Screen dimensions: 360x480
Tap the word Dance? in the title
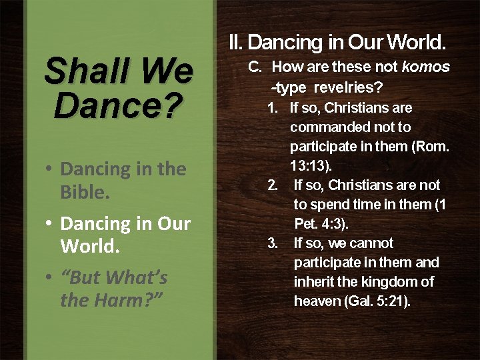click(118, 105)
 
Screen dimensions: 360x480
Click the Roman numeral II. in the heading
click(236, 43)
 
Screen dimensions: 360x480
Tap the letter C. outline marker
click(257, 67)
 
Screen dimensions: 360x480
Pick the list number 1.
click(273, 108)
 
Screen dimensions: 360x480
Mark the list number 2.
click(273, 185)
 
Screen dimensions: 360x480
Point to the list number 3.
click(273, 243)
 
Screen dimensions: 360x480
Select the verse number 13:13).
click(311, 165)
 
